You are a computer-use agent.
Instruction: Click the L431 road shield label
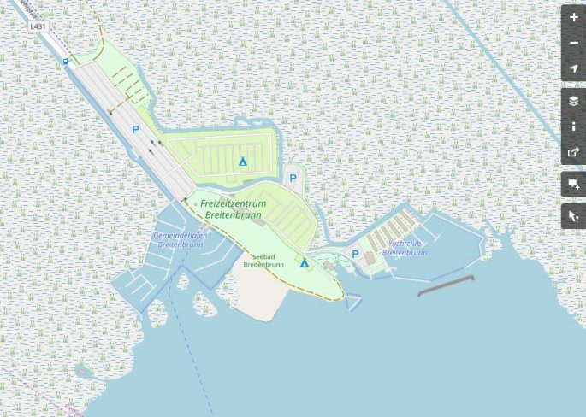click(x=37, y=26)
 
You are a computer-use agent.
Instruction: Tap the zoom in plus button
click(x=573, y=17)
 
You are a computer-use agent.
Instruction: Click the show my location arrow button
click(x=573, y=68)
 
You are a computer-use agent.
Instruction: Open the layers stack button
click(x=573, y=100)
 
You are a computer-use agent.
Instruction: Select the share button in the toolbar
click(x=573, y=152)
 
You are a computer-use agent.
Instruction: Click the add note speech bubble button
click(x=573, y=184)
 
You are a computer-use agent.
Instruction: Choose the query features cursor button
click(x=573, y=216)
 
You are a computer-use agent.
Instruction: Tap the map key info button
click(x=573, y=126)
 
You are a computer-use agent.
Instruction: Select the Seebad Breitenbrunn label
click(x=263, y=260)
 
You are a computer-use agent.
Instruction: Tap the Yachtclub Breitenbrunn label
click(x=405, y=248)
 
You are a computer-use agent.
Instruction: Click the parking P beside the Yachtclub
click(x=355, y=254)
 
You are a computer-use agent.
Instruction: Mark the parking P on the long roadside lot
click(x=135, y=130)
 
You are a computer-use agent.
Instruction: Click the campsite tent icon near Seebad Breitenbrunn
click(x=304, y=262)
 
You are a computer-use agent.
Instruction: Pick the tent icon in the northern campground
click(x=243, y=161)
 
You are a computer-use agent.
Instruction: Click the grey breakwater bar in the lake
click(x=445, y=285)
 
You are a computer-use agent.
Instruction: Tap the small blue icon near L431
click(x=66, y=62)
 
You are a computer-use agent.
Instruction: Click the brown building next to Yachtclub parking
click(x=370, y=257)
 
